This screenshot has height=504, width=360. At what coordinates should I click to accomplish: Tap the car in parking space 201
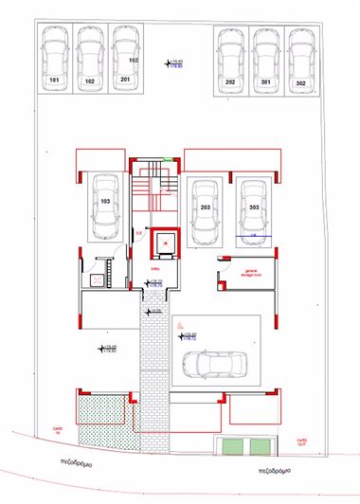[x=124, y=55]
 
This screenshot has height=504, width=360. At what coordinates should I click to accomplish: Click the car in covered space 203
[x=205, y=210]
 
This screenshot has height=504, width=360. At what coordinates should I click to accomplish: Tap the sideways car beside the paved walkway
[x=210, y=364]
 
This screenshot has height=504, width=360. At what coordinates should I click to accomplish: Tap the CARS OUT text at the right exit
[x=301, y=441]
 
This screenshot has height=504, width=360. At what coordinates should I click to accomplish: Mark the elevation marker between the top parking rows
[x=173, y=65]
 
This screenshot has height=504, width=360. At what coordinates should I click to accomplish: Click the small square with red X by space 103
[x=96, y=280]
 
